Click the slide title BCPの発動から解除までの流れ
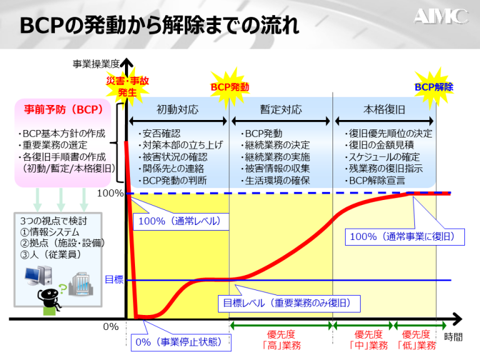coord(159,26)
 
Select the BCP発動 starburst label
coord(230,87)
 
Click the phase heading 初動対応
coord(177,109)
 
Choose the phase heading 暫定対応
coord(281,109)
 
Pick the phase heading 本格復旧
coord(384,109)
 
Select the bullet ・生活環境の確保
coord(271,181)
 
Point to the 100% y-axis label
coord(110,193)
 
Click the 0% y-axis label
coord(111,326)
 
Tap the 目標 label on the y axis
coord(113,279)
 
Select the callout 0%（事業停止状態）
coord(180,342)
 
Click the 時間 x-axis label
coord(454,337)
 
